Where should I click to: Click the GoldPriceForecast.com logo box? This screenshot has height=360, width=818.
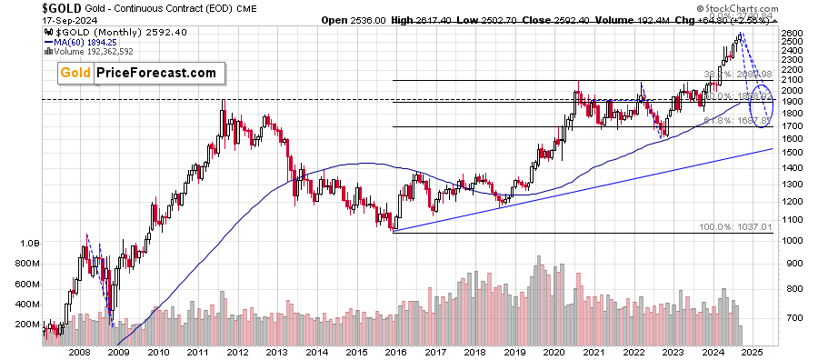point(137,73)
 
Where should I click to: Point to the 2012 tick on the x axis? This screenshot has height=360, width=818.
point(236,352)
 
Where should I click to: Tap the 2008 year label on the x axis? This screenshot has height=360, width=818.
point(79,352)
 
